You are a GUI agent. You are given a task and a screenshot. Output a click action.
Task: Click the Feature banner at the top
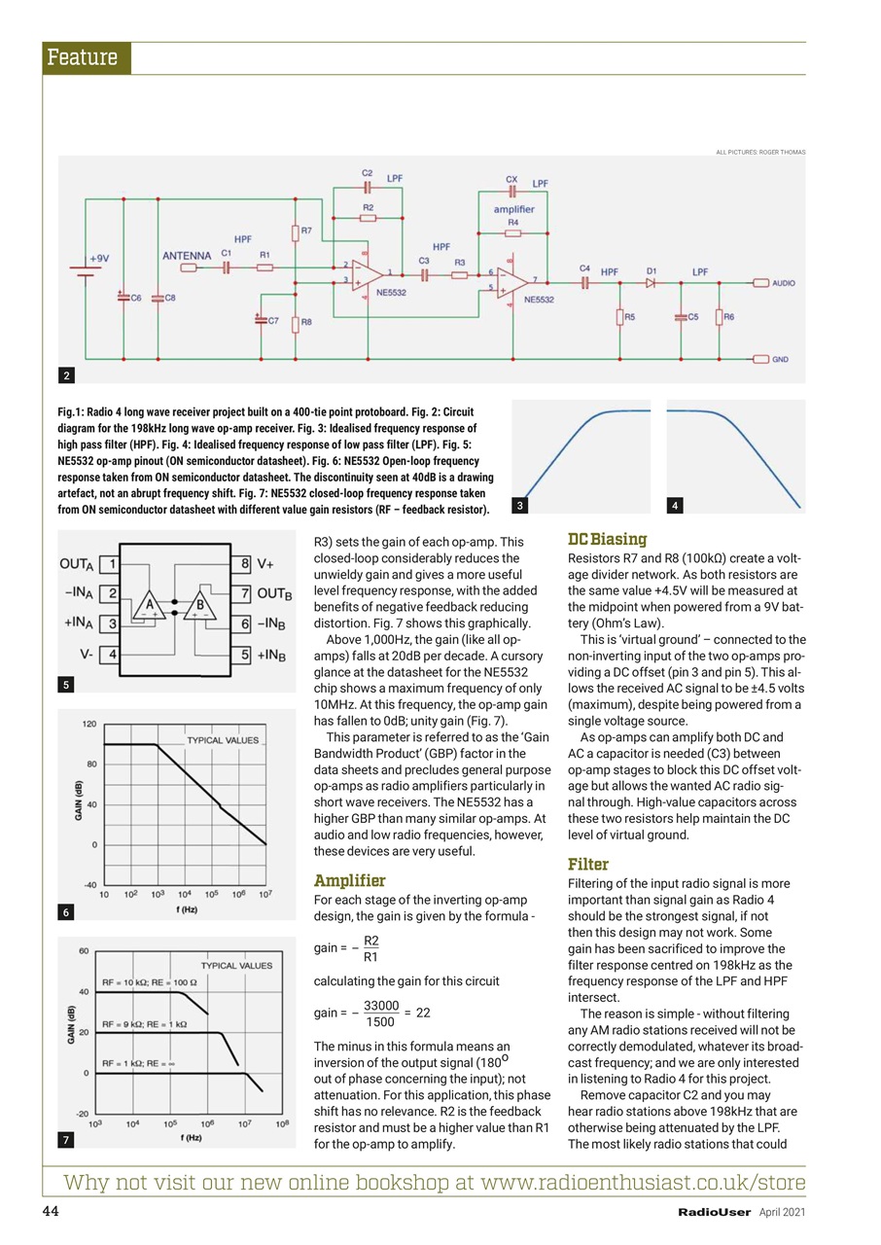pyautogui.click(x=86, y=58)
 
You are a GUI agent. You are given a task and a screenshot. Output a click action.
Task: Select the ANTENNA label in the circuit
pyautogui.click(x=187, y=256)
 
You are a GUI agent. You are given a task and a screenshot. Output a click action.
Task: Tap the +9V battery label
pyautogui.click(x=99, y=259)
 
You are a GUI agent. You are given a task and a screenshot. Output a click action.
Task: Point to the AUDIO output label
pyautogui.click(x=784, y=283)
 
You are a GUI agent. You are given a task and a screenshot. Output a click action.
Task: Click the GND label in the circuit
pyautogui.click(x=780, y=359)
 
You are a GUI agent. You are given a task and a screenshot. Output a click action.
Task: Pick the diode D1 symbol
pyautogui.click(x=651, y=283)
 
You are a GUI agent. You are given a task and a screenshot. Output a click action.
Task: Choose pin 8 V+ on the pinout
pyautogui.click(x=252, y=562)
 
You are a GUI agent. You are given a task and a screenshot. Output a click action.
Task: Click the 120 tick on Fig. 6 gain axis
pyautogui.click(x=88, y=725)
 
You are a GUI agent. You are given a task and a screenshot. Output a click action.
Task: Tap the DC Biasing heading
pyautogui.click(x=608, y=539)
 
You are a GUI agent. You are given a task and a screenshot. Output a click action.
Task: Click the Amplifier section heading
pyautogui.click(x=349, y=881)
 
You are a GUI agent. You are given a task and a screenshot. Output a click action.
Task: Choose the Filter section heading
pyautogui.click(x=587, y=864)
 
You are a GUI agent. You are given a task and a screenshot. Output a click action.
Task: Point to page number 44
pyautogui.click(x=51, y=1211)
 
